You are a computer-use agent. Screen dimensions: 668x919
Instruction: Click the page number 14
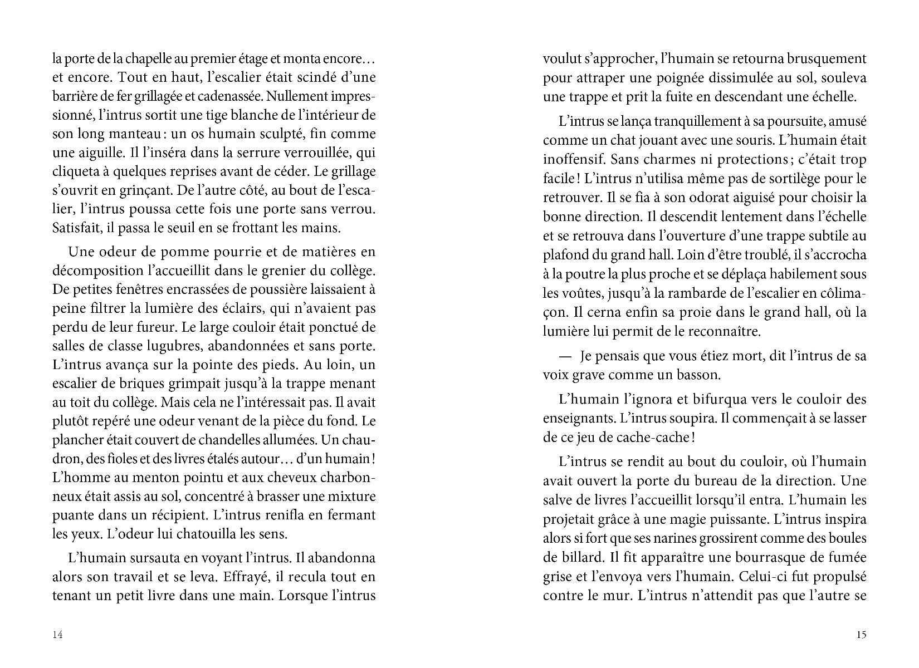point(57,635)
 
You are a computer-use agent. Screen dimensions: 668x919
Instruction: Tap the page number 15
point(861,635)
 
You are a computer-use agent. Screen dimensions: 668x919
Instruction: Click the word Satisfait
point(76,228)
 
